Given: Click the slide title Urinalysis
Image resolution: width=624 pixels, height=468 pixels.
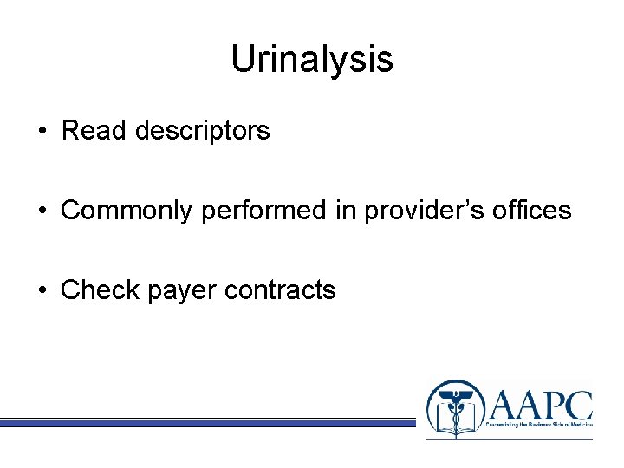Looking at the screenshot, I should tap(312, 60).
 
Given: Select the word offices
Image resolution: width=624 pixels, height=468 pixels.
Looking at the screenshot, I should tap(536, 210).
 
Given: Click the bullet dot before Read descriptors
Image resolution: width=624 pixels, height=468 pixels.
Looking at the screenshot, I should tap(42, 132).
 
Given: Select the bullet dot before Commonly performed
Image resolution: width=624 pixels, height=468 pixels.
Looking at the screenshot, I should tap(42, 211).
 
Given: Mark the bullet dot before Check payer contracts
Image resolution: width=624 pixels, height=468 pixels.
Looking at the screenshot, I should tap(42, 290).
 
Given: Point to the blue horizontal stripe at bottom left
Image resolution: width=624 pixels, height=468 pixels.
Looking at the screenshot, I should tap(208, 423).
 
